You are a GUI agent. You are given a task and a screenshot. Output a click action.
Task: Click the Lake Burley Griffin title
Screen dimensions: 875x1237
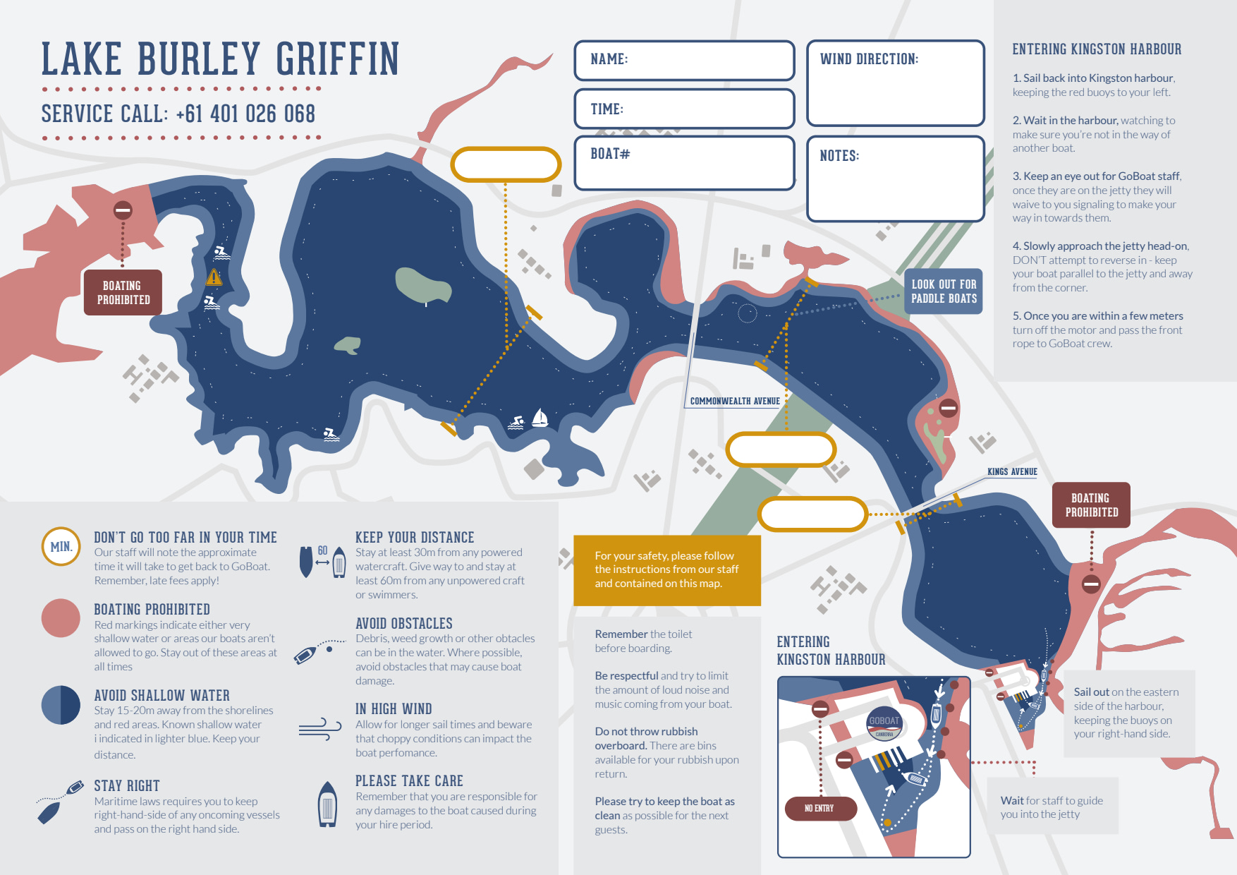220,59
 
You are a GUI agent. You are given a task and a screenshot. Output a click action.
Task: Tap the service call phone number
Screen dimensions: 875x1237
245,114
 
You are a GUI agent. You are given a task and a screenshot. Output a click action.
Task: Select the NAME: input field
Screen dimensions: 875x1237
684,60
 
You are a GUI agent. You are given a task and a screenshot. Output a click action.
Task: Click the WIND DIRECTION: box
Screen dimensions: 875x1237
895,83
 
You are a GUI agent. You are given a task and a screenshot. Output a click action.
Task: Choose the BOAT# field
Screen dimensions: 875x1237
684,163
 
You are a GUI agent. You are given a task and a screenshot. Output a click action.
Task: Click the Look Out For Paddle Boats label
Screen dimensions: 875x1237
943,291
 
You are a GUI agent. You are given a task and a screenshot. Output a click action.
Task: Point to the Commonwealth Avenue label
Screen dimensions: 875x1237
734,402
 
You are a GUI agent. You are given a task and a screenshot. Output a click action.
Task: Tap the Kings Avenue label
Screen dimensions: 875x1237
1011,472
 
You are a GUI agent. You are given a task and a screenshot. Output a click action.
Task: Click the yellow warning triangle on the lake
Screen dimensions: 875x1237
214,277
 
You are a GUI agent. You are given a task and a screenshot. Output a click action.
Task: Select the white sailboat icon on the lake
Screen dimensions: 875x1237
540,418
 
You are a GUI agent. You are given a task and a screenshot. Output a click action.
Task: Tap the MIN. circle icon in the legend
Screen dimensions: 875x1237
61,546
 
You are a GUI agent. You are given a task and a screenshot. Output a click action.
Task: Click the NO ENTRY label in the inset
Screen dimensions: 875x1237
820,808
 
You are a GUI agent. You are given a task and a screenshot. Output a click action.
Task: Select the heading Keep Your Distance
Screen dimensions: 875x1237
415,538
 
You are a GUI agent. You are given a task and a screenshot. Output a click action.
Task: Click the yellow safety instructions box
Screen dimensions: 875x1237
666,570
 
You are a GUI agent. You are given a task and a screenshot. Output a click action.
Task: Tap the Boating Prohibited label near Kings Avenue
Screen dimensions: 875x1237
1091,505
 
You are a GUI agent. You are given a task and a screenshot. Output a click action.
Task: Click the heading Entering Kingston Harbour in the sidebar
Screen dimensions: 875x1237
1097,49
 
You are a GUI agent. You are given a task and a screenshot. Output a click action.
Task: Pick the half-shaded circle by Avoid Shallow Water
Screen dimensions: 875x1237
61,704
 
